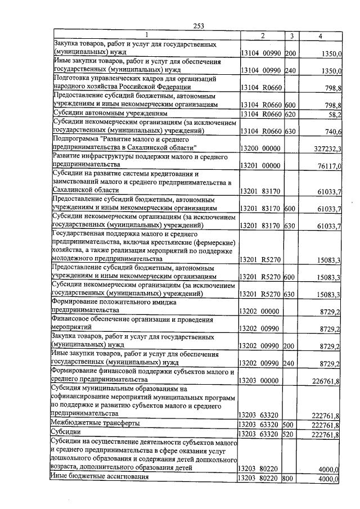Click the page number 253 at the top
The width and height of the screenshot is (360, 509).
tap(198, 26)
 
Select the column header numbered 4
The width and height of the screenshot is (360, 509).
tap(320, 36)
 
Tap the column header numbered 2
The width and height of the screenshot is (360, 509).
tap(262, 36)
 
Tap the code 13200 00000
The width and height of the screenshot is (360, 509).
tap(260, 148)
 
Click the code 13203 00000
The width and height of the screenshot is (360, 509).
tap(260, 381)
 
